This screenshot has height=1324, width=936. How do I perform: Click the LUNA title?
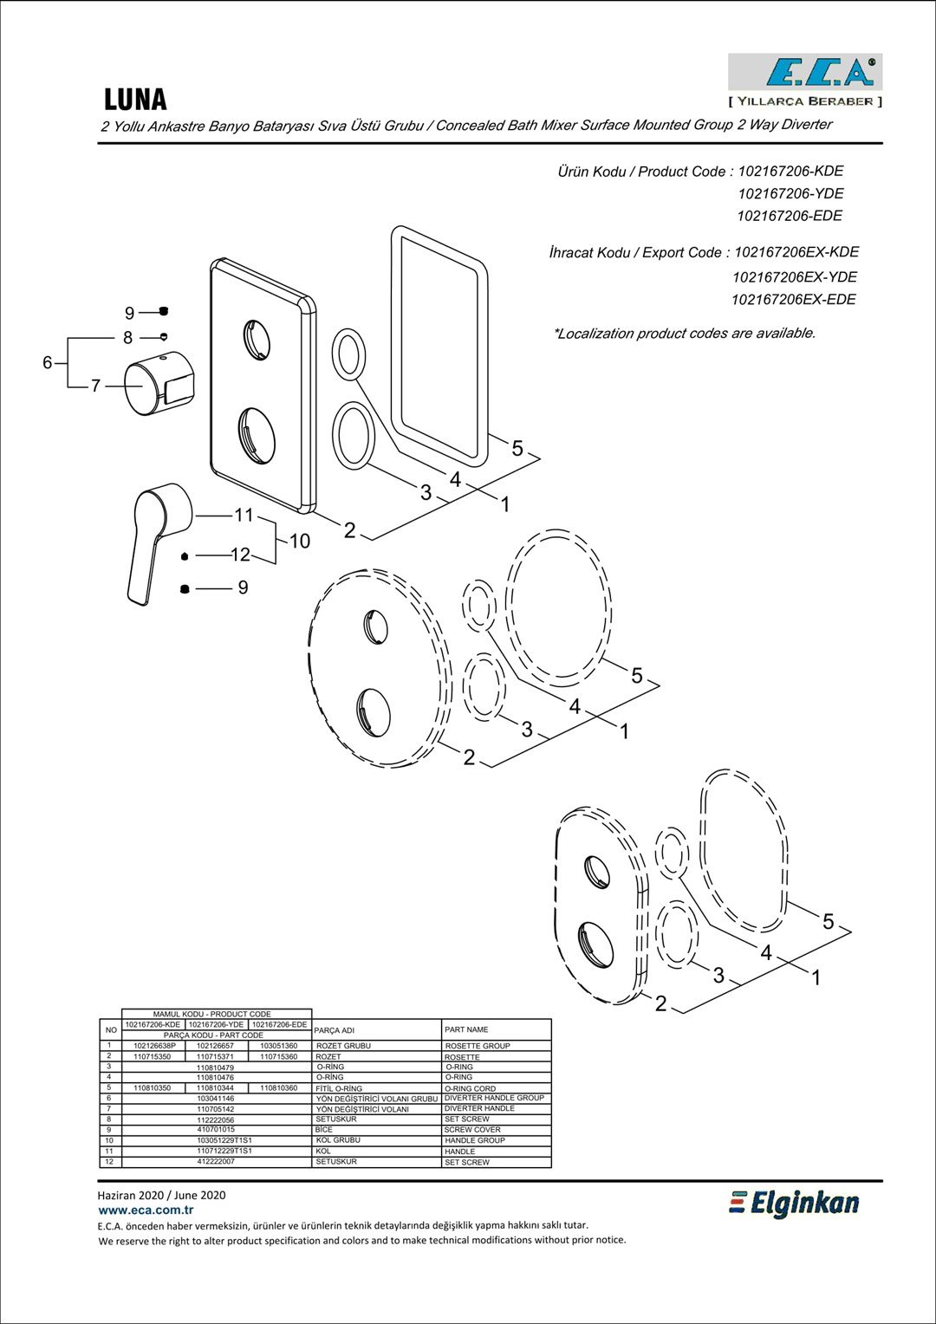135,100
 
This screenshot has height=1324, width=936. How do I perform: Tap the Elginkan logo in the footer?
795,1203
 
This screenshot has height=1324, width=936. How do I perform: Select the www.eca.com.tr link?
146,1210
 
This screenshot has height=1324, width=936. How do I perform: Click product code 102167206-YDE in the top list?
790,193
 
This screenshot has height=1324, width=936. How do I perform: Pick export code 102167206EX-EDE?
793,300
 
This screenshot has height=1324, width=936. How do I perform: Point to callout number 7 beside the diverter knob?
96,386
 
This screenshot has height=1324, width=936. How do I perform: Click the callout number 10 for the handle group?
300,541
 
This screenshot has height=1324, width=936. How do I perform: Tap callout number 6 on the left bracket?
48,362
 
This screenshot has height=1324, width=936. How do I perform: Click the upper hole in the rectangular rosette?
257,340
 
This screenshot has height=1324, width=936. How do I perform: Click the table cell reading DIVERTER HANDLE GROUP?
494,1098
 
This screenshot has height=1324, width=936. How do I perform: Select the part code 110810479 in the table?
215,1068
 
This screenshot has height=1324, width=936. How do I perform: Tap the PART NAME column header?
466,1029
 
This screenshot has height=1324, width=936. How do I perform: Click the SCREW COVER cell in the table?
472,1130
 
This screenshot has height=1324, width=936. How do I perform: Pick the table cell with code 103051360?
279,1046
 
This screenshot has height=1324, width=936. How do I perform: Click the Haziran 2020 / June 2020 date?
161,1195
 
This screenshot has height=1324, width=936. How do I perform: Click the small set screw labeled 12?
185,556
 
